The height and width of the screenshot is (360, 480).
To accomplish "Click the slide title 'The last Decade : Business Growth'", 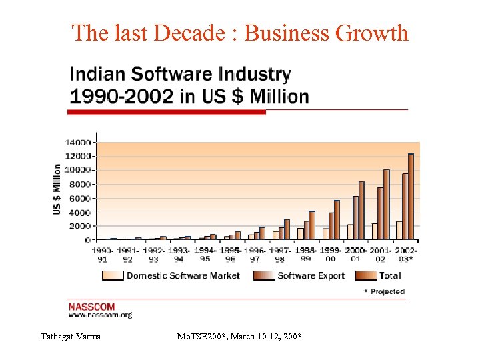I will point(239,32).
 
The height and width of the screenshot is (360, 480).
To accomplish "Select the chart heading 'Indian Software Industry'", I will point(180,74).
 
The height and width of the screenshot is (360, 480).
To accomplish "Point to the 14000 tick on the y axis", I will point(77,142).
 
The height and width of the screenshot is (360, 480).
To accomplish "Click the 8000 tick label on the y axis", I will point(79,184).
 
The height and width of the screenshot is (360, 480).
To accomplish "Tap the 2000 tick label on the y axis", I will point(79,226).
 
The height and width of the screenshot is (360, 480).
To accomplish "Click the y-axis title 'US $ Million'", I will point(57,189).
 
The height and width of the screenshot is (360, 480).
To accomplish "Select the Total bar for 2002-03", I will point(411,197).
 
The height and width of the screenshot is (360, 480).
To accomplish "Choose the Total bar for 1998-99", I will point(311,225).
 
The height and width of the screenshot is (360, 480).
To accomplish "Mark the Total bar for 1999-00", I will point(337,220).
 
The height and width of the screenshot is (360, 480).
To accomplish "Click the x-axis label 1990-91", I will point(103,255).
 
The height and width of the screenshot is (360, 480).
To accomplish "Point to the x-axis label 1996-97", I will point(254,255).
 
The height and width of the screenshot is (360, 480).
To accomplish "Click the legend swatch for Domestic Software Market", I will point(113,275).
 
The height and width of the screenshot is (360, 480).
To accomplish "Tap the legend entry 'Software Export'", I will point(311,275).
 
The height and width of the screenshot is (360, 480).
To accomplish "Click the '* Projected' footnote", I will point(383,291).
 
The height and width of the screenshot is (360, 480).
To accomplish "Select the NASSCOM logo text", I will point(91,307).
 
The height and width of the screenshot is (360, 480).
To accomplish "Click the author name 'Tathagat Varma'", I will point(70,337).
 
